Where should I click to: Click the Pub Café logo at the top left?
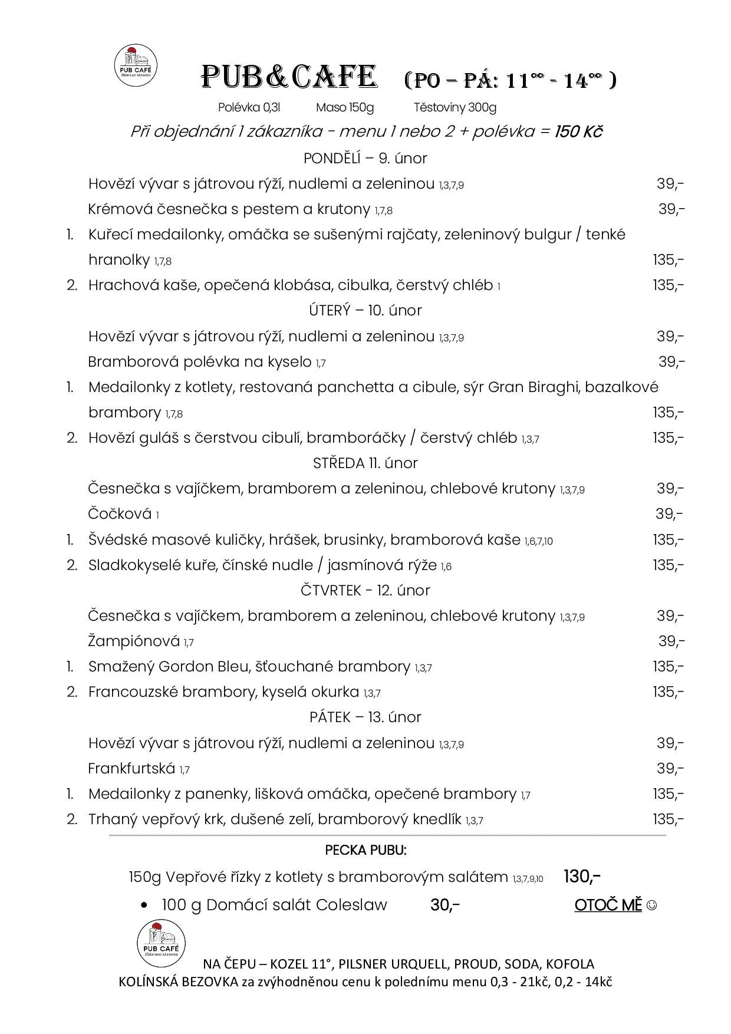click(135, 65)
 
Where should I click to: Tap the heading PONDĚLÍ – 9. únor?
click(365, 159)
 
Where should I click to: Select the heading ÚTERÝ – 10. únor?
click(365, 311)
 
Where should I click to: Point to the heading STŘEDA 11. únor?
click(365, 463)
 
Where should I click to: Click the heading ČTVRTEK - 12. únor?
click(365, 591)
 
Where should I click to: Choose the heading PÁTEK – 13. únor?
click(365, 717)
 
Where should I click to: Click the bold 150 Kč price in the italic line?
click(578, 131)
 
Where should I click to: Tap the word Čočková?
click(120, 514)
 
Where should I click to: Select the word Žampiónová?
click(134, 641)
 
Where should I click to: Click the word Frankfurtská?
click(131, 768)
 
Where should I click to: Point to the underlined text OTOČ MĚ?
click(608, 905)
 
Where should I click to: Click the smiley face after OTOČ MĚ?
click(651, 905)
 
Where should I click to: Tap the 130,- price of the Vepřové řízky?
click(582, 877)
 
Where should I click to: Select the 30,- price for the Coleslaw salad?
click(444, 905)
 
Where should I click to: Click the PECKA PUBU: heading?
click(365, 850)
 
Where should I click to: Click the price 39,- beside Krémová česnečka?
click(671, 209)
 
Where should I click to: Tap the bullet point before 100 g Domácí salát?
click(144, 905)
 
